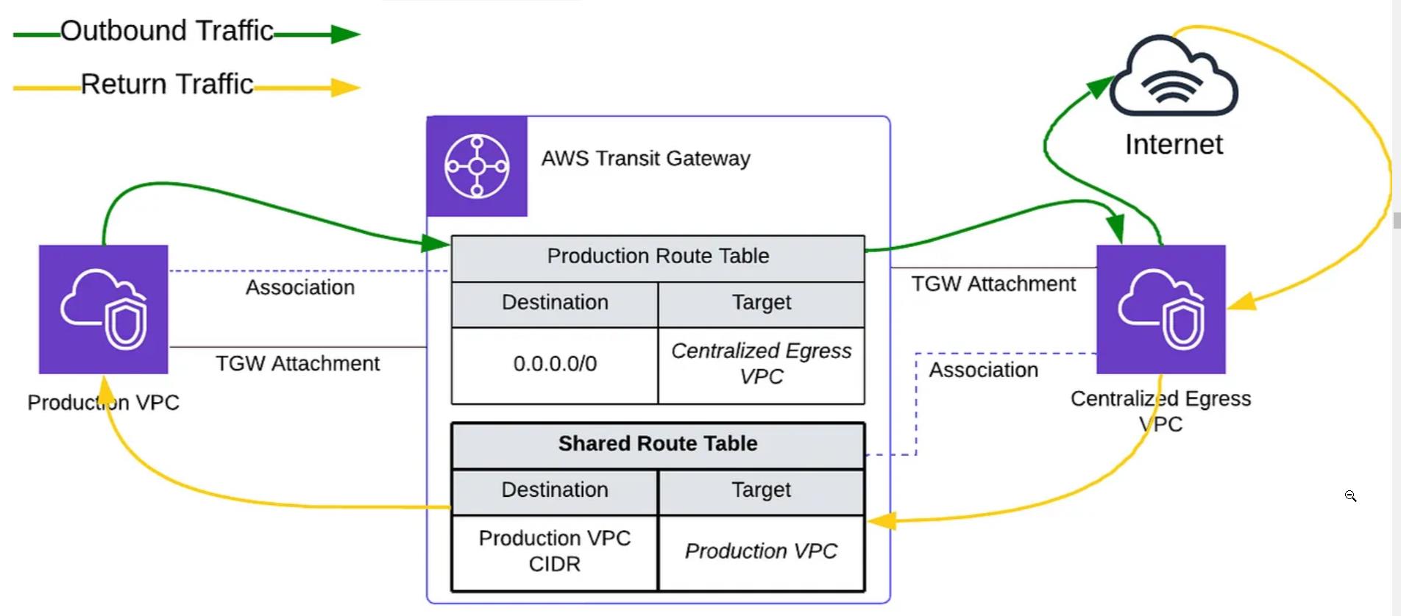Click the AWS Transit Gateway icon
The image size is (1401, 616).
[x=477, y=166]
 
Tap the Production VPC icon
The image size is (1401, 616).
[x=104, y=309]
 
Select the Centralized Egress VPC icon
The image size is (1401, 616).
[x=1161, y=309]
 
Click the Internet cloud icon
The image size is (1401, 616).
[x=1174, y=76]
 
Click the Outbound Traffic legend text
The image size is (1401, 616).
[x=167, y=31]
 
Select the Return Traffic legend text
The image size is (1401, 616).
[x=167, y=85]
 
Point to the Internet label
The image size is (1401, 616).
[x=1174, y=145]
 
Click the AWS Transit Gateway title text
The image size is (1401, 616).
[x=646, y=159]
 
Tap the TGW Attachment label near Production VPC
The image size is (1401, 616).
[x=297, y=364]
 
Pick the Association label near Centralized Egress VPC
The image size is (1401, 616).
[x=984, y=370]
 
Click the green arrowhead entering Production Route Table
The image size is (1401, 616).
[x=436, y=243]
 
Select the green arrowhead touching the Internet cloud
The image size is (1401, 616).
[x=1100, y=86]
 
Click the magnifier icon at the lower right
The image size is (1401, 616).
[x=1351, y=496]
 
